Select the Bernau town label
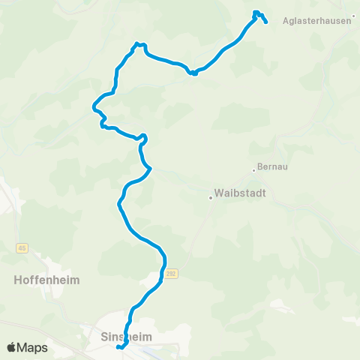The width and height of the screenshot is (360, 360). click(271, 166)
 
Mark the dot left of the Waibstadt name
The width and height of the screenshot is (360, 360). click(211, 198)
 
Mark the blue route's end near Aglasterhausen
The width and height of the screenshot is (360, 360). click(266, 22)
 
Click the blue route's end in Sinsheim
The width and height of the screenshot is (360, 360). click(118, 347)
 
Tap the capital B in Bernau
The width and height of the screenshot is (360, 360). click(260, 166)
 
